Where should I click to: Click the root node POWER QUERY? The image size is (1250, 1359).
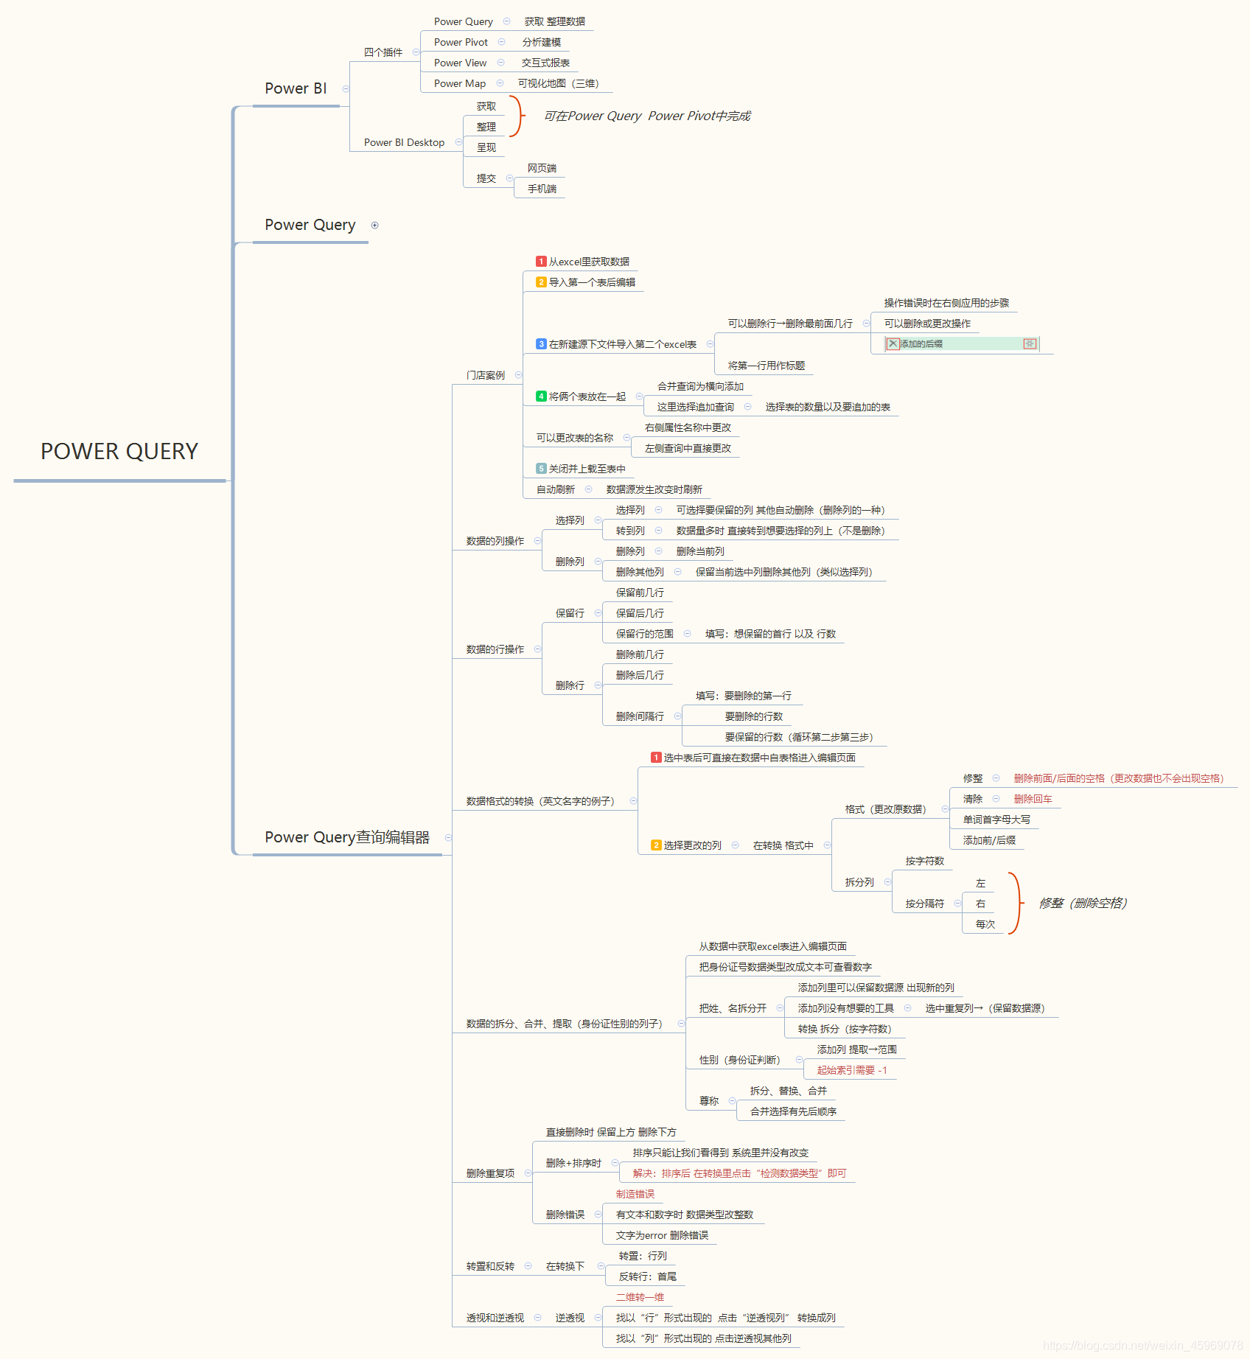(x=119, y=451)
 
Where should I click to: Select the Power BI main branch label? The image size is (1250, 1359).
(x=296, y=88)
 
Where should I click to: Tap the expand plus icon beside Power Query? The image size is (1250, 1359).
(x=374, y=226)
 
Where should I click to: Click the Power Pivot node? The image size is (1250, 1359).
(x=461, y=42)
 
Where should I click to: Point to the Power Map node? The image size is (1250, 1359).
(x=459, y=83)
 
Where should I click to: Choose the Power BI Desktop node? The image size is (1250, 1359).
(x=404, y=142)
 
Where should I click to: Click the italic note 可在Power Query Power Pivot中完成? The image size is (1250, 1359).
(x=647, y=116)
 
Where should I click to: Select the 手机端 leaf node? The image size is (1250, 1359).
(x=542, y=189)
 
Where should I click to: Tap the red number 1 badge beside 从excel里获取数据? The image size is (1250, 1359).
(x=541, y=262)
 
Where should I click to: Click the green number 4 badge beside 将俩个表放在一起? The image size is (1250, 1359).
(x=541, y=396)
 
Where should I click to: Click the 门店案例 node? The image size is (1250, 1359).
(x=486, y=375)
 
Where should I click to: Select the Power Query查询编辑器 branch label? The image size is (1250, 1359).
(x=347, y=837)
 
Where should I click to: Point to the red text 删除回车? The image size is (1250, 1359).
(x=1033, y=799)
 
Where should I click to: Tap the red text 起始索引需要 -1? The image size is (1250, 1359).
(x=852, y=1070)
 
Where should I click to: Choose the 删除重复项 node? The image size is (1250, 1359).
(x=490, y=1173)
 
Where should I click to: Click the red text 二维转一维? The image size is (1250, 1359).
(x=640, y=1297)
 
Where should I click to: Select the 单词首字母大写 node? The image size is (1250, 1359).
(x=996, y=820)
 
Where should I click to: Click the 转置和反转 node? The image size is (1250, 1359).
(x=490, y=1266)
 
